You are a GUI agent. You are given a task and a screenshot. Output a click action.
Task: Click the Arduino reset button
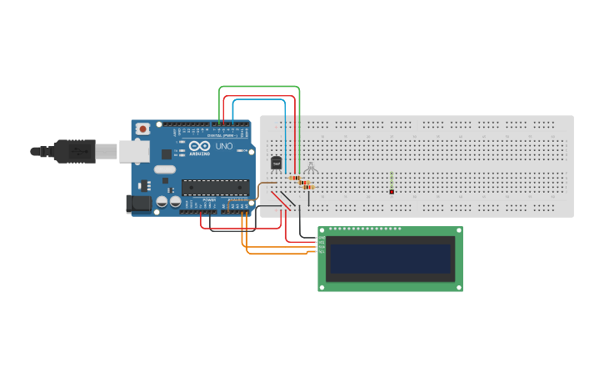143,129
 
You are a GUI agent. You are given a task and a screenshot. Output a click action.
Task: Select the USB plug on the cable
75,151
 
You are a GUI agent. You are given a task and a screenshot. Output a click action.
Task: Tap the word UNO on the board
224,146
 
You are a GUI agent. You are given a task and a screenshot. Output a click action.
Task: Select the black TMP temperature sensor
277,163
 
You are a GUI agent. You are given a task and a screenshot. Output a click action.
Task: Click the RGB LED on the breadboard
310,169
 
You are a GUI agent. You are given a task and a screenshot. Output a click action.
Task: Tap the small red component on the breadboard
392,191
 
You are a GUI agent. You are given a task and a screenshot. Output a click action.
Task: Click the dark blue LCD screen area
390,259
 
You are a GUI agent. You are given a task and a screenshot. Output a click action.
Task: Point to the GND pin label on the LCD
322,238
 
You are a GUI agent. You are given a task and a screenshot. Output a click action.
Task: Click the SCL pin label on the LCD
322,250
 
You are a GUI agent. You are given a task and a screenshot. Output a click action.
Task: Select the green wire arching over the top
258,86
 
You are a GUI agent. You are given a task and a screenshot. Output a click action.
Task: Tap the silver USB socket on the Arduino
132,151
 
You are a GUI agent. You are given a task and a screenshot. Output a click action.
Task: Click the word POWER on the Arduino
209,200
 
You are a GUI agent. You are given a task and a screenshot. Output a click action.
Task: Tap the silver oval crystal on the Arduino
165,169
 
